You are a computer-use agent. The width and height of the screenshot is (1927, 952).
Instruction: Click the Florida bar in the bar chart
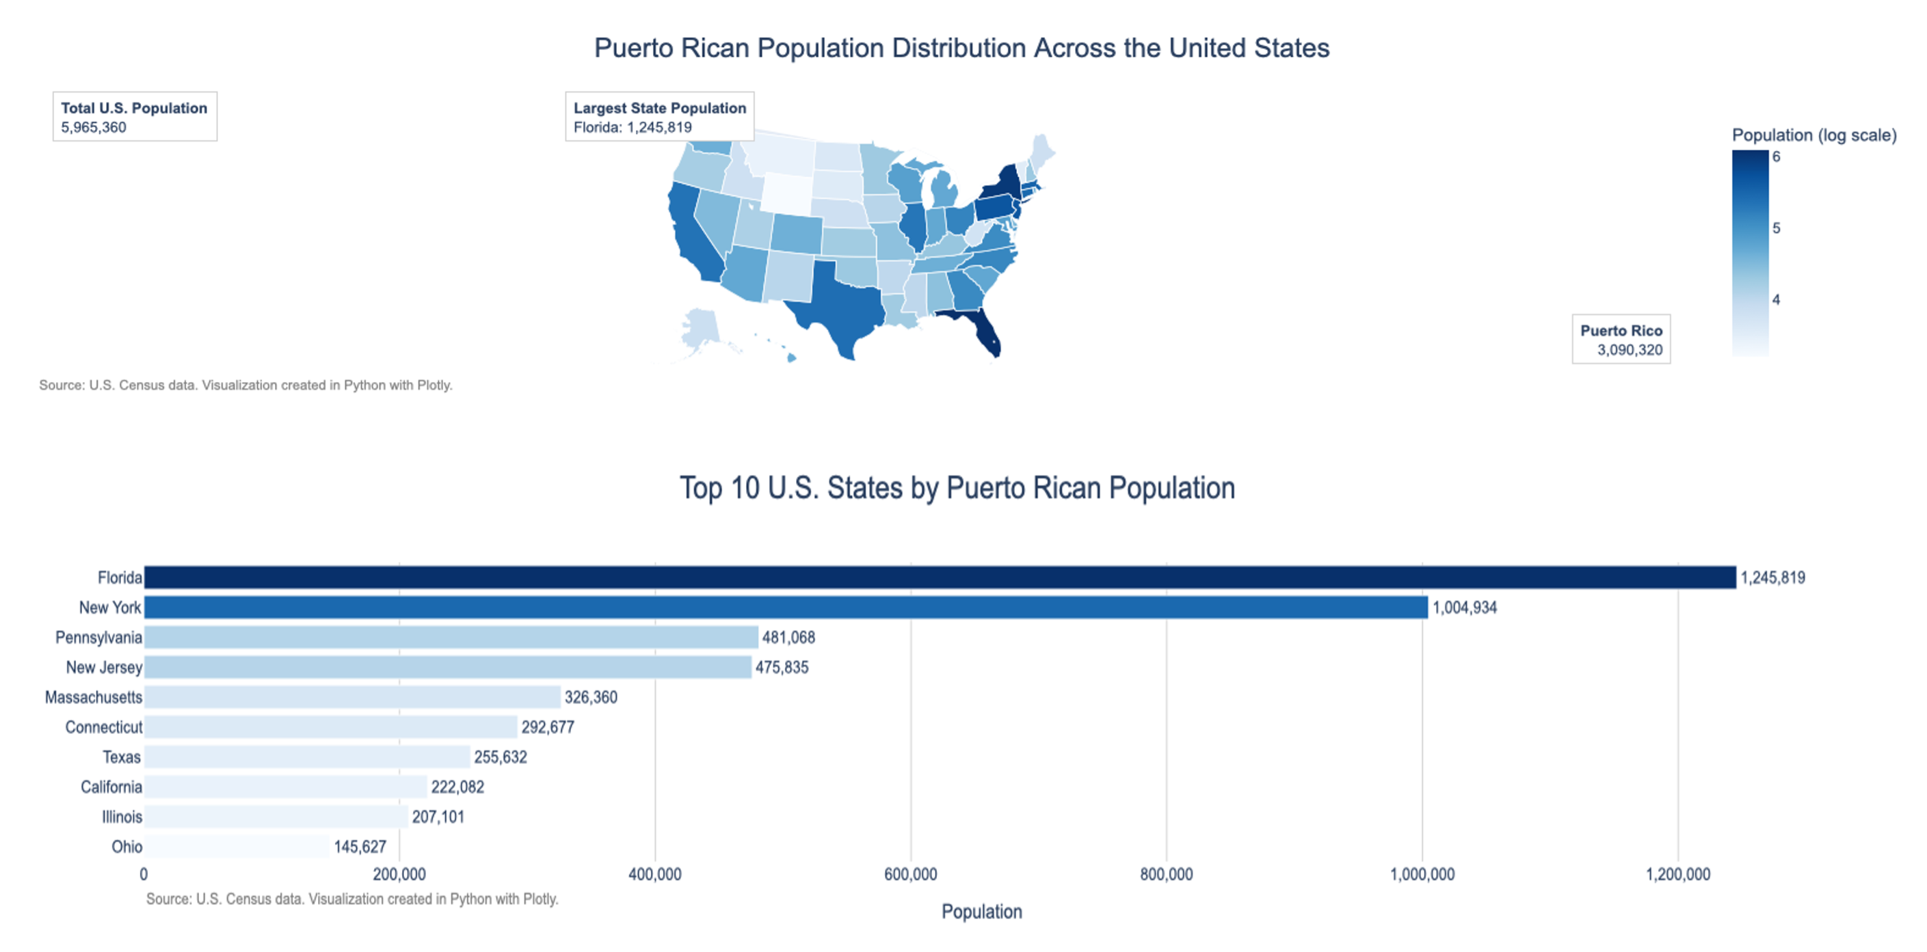tap(939, 577)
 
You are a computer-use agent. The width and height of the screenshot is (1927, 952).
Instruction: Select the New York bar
tap(786, 608)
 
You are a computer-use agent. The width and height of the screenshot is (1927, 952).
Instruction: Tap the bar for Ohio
tap(237, 847)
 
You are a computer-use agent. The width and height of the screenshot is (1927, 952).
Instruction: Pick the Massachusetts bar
tap(351, 697)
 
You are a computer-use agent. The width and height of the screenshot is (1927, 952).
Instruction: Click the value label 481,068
tap(788, 637)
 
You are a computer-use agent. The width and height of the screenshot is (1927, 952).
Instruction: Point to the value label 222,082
tap(457, 787)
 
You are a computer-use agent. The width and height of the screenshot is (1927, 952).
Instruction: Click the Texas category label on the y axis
tap(121, 757)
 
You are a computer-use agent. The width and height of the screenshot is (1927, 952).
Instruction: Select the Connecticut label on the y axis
tap(103, 727)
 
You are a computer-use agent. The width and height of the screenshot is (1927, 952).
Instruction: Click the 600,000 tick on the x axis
tap(910, 874)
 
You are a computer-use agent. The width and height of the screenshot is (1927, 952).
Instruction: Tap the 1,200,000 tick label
tap(1677, 874)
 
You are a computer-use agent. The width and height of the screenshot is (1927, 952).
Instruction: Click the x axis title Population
tap(981, 912)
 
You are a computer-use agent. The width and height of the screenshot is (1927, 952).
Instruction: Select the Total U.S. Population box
tap(135, 117)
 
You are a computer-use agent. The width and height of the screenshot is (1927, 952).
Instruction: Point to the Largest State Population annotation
tap(659, 117)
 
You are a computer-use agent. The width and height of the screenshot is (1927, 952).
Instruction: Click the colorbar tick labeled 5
tap(1776, 228)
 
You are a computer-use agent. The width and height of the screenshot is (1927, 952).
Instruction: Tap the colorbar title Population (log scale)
tap(1814, 135)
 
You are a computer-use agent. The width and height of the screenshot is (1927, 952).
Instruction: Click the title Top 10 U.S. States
tap(957, 487)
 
